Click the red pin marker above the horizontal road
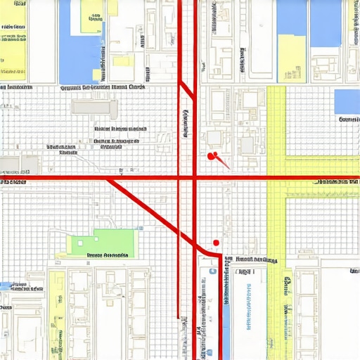coord(212,155)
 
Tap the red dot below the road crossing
coord(216,243)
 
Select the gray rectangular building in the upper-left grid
coord(96,107)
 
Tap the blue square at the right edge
coord(347,101)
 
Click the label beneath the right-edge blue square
coord(349,120)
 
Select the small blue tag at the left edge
coord(6,286)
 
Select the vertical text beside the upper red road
coord(186,123)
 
